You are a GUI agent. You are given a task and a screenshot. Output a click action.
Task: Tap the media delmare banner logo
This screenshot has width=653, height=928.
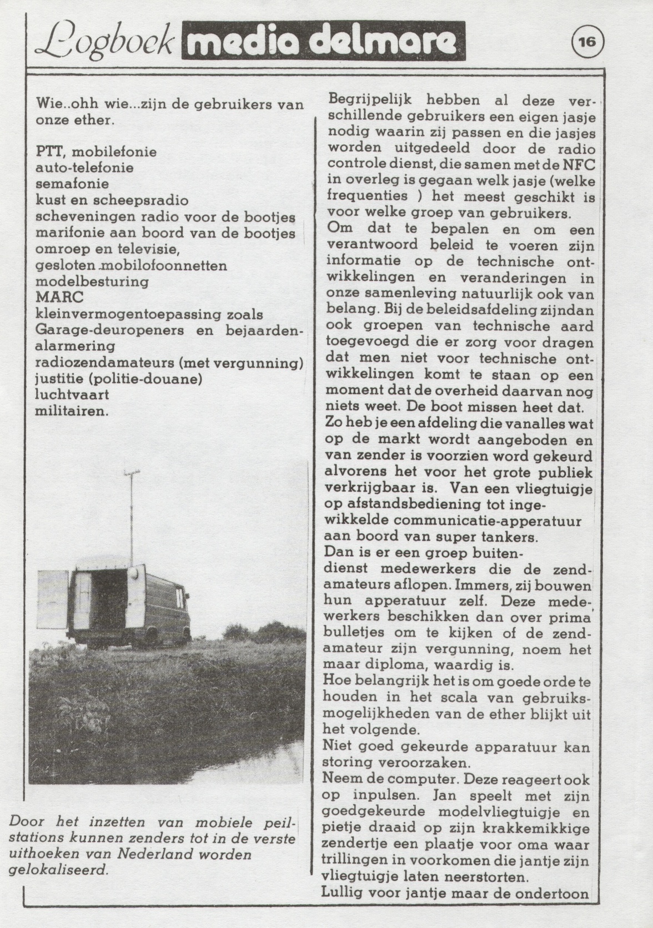pos(323,40)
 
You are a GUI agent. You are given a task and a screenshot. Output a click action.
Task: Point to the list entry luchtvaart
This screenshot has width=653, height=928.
pos(72,395)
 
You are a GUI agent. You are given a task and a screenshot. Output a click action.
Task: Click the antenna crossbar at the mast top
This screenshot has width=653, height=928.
pos(131,473)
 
